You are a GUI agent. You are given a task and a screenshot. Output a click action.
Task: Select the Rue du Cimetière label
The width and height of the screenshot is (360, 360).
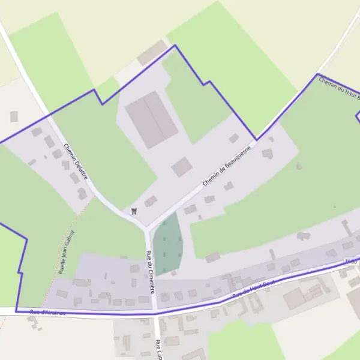[x=151, y=272]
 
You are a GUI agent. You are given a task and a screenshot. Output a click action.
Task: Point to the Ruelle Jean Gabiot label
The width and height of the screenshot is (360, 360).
[x=66, y=252]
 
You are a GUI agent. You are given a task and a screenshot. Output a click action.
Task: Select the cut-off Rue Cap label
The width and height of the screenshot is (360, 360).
[x=160, y=349]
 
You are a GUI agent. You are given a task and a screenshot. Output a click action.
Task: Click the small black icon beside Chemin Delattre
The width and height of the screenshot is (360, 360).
[x=134, y=211]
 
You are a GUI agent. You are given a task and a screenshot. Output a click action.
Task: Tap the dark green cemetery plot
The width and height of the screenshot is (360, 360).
[x=167, y=243]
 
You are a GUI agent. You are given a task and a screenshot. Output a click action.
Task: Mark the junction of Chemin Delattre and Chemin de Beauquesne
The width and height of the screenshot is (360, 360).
[x=146, y=229]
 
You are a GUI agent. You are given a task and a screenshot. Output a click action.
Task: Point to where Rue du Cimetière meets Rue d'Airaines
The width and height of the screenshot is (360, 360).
[x=154, y=311]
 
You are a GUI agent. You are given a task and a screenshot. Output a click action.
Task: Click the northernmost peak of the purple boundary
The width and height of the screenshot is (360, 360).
[x=175, y=45]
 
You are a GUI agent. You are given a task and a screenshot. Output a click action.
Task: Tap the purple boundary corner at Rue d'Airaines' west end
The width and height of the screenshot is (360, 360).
[x=16, y=311]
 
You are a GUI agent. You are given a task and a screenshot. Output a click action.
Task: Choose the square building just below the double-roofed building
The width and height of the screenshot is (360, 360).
[x=182, y=167]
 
